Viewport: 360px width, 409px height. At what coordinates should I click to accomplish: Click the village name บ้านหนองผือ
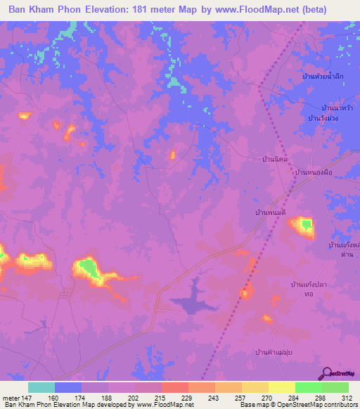313,172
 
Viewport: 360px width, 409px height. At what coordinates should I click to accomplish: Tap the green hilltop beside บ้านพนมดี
305,225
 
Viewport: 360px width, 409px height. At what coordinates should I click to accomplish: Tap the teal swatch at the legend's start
41,387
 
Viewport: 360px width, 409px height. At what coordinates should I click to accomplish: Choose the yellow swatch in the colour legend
282,387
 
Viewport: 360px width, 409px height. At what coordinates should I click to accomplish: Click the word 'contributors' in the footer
340,405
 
